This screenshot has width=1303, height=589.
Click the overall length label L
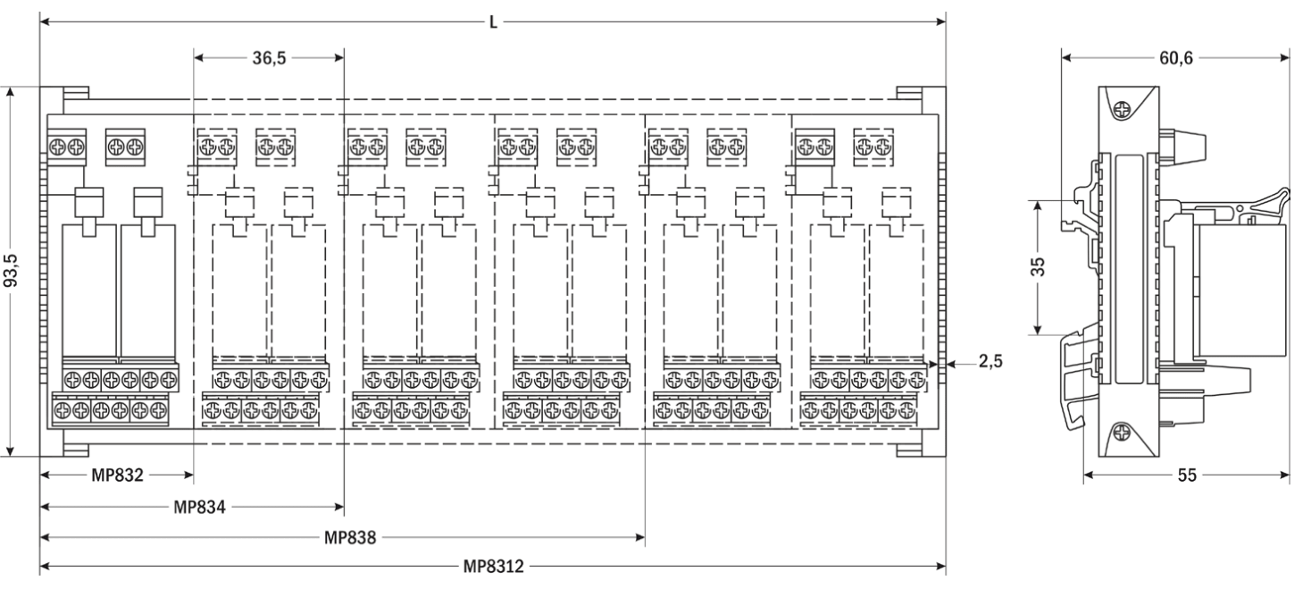(493, 20)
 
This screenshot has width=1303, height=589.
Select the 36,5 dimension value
(270, 58)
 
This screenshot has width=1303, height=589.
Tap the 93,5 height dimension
(11, 271)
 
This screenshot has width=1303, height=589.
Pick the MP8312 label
(493, 567)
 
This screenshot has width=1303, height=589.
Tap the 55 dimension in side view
(1186, 475)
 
